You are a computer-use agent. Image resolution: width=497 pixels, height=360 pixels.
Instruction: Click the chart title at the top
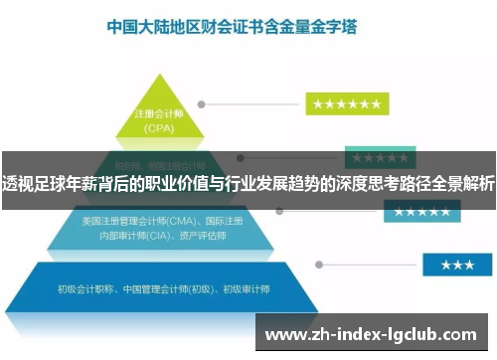click(233, 28)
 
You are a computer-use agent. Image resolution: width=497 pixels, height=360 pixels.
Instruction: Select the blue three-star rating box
click(457, 265)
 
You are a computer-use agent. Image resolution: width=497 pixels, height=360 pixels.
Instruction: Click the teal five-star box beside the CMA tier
click(421, 213)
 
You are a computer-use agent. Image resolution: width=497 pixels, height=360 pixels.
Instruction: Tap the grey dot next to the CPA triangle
click(202, 103)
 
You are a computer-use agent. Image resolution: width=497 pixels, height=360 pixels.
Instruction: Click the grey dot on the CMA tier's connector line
click(279, 212)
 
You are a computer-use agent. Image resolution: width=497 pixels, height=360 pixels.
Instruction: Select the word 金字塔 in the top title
click(337, 28)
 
